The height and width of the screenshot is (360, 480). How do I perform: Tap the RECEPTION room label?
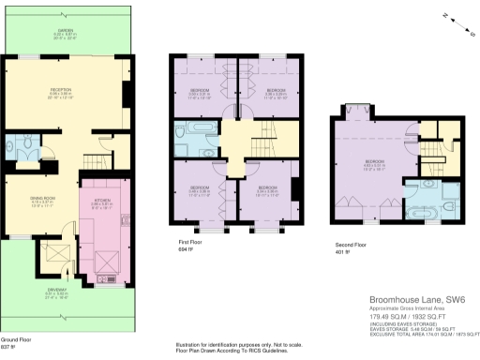tap(60, 89)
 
